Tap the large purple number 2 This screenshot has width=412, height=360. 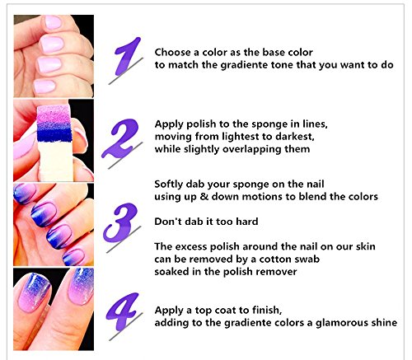coord(121,138)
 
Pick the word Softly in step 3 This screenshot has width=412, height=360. coord(172,184)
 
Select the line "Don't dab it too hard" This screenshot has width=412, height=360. coord(206,222)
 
